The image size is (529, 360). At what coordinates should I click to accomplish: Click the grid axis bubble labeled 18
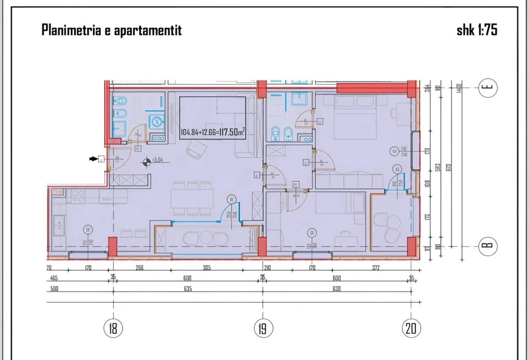114,328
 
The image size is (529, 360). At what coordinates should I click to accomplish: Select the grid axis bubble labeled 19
263,328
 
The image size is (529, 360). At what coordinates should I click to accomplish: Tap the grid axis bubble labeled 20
412,328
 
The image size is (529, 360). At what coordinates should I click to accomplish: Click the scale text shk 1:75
477,31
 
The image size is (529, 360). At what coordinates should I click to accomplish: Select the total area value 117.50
229,132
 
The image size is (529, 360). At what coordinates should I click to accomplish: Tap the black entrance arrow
92,159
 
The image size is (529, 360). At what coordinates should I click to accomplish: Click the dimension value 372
375,268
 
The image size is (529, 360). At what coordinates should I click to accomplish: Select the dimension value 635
187,289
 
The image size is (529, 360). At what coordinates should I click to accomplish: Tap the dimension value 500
53,289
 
